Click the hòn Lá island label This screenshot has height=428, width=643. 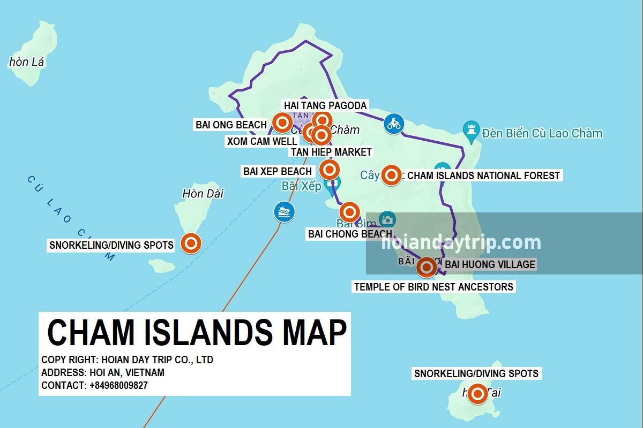[26, 62]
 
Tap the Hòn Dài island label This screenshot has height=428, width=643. [203, 193]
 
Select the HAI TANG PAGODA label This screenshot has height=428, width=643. [325, 105]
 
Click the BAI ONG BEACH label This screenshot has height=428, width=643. [231, 125]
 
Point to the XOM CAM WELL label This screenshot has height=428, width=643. [261, 141]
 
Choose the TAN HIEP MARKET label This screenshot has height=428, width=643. [331, 152]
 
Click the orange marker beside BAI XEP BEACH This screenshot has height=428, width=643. [329, 170]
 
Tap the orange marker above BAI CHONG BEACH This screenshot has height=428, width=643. [349, 212]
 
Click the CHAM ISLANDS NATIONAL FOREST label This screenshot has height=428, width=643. [483, 175]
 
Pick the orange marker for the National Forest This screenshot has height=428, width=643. [391, 175]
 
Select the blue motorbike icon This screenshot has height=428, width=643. [393, 124]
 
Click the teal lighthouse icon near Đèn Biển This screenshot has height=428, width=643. [470, 129]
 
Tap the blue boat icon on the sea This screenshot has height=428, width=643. [284, 212]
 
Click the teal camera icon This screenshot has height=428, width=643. [387, 219]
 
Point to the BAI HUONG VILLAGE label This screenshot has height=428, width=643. [490, 264]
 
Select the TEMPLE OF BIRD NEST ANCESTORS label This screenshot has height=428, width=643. [433, 287]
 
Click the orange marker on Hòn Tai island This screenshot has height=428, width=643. [477, 394]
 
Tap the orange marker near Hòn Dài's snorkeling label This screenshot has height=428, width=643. [191, 243]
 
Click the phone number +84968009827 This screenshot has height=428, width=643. [118, 385]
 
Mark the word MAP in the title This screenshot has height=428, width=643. [314, 332]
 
